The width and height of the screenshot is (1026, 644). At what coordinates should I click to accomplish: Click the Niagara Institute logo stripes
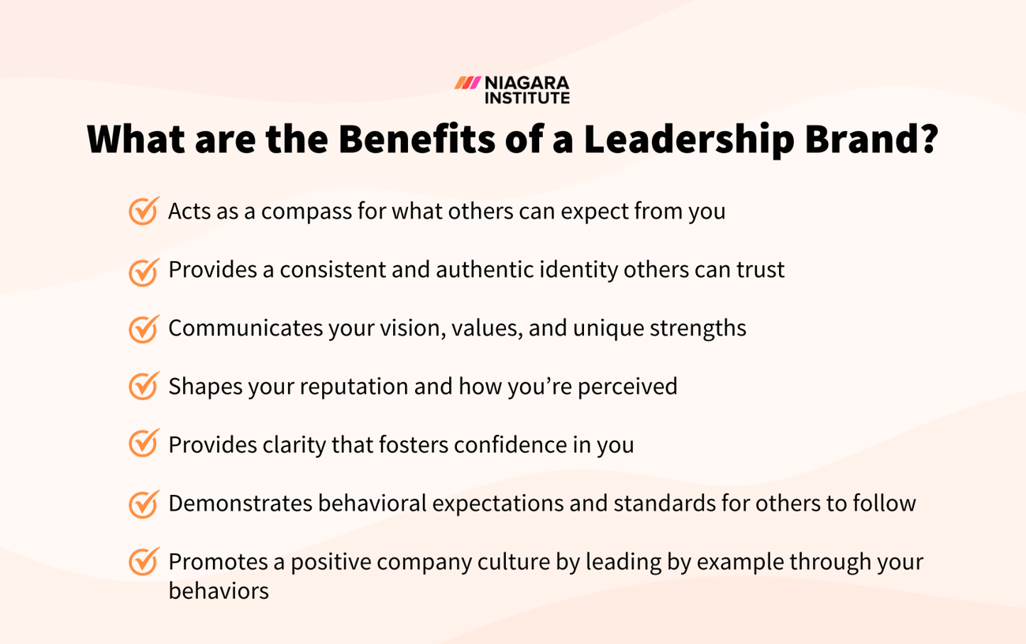467,83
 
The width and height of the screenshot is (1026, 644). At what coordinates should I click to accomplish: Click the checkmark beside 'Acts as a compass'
144,212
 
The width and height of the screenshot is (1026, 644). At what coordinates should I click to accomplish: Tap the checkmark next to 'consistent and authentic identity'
144,271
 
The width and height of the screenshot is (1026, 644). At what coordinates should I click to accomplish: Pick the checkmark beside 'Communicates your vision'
144,329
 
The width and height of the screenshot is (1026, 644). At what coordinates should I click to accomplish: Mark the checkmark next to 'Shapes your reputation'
144,387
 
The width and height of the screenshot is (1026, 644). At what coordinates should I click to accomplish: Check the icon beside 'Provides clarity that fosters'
144,444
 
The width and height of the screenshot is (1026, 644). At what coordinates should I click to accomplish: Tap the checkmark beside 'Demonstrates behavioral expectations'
144,504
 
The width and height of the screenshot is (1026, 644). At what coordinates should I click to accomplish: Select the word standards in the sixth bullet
655,504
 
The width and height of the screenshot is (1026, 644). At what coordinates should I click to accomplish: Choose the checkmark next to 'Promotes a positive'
144,562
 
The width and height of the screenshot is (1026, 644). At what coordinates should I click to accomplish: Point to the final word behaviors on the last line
219,591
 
